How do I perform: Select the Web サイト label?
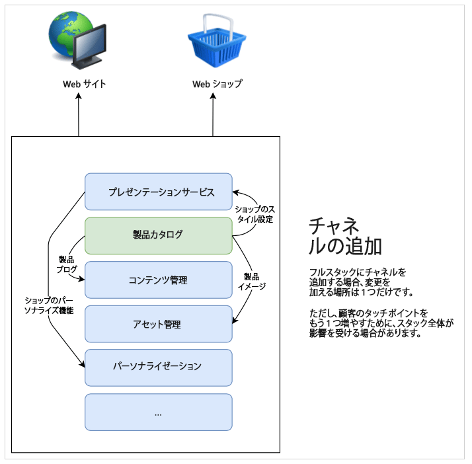[x=84, y=84]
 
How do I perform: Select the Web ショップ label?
[x=217, y=84]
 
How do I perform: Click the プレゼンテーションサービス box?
[x=158, y=192]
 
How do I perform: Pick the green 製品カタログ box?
[x=158, y=235]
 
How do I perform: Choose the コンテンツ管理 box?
[x=158, y=280]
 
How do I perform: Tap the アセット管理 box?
[x=158, y=324]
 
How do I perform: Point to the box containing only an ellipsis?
[x=158, y=412]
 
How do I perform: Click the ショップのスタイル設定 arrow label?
[x=255, y=213]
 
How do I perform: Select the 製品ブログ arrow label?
[x=66, y=264]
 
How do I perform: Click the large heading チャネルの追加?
[x=345, y=235]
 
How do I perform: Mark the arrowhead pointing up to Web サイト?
[x=79, y=97]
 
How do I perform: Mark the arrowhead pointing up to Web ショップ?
[x=213, y=97]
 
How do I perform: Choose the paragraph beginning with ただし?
[x=381, y=323]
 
